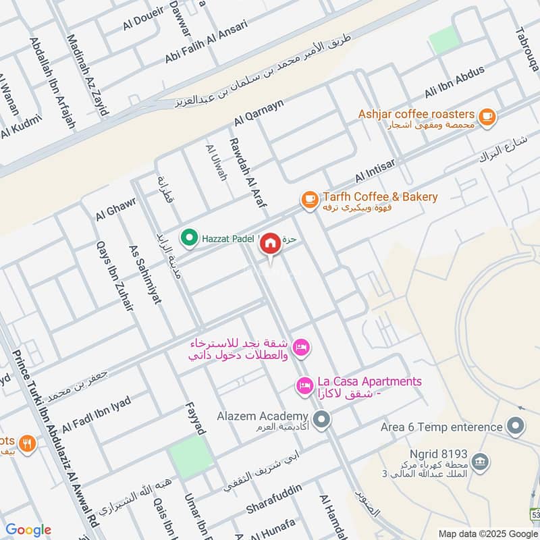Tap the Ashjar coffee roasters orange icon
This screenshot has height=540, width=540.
(x=487, y=116)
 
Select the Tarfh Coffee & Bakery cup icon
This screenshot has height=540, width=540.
(x=309, y=199)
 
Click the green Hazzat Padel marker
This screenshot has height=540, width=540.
(x=190, y=238)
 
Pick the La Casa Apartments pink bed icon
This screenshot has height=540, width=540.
(x=304, y=386)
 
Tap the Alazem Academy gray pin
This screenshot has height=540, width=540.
(x=323, y=420)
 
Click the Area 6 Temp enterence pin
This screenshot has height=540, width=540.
(x=516, y=427)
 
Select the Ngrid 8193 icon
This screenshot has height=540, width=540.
(x=480, y=462)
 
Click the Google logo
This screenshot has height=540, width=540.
(x=28, y=531)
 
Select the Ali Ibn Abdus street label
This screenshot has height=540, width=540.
(x=454, y=82)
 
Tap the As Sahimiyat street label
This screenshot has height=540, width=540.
(x=146, y=274)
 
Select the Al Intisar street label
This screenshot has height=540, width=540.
(x=378, y=173)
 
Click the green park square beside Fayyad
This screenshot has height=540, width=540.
(x=190, y=456)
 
